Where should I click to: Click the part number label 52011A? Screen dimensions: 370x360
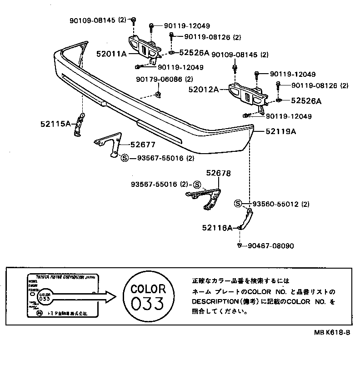tap(111, 54)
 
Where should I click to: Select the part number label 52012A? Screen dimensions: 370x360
tap(204, 90)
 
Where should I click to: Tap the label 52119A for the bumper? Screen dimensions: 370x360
tap(281, 132)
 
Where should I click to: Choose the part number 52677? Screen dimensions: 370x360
tap(143, 145)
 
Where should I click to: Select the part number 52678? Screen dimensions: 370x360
tap(218, 173)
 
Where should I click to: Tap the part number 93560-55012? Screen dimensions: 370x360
tap(275, 204)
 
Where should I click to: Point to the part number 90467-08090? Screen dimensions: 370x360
tap(271, 246)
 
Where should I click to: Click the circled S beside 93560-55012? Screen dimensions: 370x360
tap(238, 204)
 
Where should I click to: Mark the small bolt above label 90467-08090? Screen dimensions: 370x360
tap(239, 246)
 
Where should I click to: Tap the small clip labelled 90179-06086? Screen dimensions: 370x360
tap(157, 95)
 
